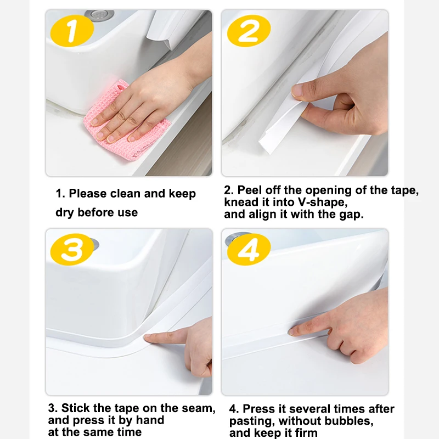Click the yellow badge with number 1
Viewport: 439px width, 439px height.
(72, 31)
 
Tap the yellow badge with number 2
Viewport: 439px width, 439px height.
(249, 31)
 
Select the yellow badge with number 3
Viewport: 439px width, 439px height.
(72, 249)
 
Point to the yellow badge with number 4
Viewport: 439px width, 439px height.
(249, 249)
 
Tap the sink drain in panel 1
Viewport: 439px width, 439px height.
(99, 14)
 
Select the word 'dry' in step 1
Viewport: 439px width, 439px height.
(65, 212)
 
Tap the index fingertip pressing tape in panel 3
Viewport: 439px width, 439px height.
(148, 338)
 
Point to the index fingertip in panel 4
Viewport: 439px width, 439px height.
(292, 333)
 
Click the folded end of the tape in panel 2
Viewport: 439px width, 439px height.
(266, 144)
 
